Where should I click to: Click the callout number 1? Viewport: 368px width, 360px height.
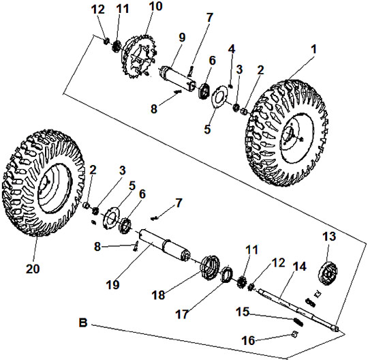click(x=313, y=49)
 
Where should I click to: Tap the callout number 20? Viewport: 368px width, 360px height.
click(x=33, y=269)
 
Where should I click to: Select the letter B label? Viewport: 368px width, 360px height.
click(x=83, y=323)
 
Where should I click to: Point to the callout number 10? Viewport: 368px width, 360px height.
click(x=155, y=6)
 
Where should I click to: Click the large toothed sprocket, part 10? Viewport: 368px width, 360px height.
click(x=138, y=57)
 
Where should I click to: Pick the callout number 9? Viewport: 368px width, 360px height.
click(x=182, y=37)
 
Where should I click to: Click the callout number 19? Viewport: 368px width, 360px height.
click(x=113, y=284)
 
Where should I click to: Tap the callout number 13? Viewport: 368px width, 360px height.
click(x=329, y=237)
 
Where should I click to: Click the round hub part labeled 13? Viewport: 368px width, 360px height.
click(x=328, y=274)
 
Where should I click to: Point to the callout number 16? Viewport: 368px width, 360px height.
click(x=249, y=340)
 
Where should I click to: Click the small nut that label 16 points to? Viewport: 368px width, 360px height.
click(x=295, y=334)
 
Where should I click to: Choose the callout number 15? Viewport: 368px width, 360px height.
click(x=243, y=312)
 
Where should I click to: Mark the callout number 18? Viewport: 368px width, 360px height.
click(x=158, y=295)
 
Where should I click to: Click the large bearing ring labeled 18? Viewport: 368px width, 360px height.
click(x=209, y=267)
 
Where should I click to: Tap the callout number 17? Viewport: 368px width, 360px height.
click(x=182, y=314)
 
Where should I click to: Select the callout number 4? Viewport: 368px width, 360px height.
click(x=232, y=49)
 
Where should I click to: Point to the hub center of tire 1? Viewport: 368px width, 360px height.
click(x=292, y=136)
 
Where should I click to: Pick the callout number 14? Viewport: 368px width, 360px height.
click(x=300, y=267)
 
